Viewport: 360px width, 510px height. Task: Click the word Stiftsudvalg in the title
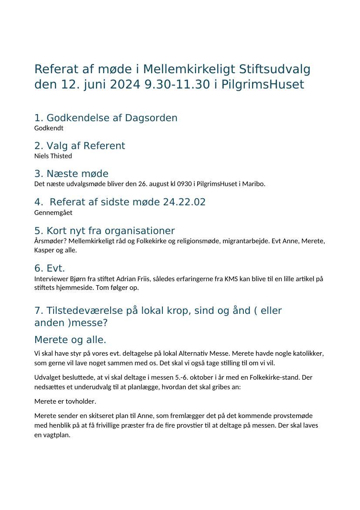click(x=275, y=69)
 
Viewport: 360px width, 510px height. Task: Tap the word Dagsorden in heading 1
click(x=151, y=118)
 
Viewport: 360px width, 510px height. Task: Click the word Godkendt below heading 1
click(x=49, y=128)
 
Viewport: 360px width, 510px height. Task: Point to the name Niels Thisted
click(x=53, y=156)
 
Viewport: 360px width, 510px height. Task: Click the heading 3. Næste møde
click(x=71, y=173)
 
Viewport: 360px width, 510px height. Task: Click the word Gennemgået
click(x=53, y=213)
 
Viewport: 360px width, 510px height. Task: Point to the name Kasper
click(x=44, y=250)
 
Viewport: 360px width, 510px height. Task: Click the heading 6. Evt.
click(x=50, y=268)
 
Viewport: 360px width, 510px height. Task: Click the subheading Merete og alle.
click(x=70, y=340)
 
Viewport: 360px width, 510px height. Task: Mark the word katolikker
click(x=309, y=354)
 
